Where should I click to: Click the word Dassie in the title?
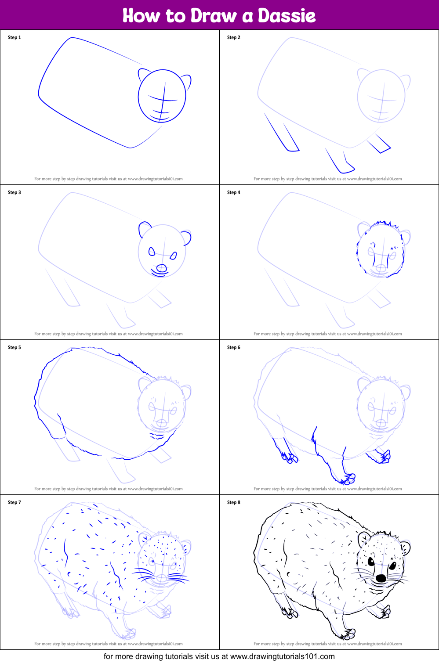(x=287, y=16)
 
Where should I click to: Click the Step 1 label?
(x=15, y=37)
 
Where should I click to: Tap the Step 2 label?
(x=234, y=37)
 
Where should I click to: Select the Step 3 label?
(x=15, y=192)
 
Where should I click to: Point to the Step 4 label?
(x=234, y=192)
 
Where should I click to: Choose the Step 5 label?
(x=15, y=347)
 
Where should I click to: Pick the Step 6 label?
(x=234, y=347)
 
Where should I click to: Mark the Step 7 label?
(x=15, y=502)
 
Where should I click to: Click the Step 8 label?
(x=234, y=502)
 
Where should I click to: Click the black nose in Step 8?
(x=381, y=578)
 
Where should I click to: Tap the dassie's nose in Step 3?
(x=162, y=268)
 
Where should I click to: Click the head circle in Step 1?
(x=162, y=96)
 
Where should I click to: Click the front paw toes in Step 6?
(x=349, y=478)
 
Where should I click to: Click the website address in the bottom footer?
(x=282, y=656)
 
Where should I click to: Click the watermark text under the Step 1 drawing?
(x=109, y=179)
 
